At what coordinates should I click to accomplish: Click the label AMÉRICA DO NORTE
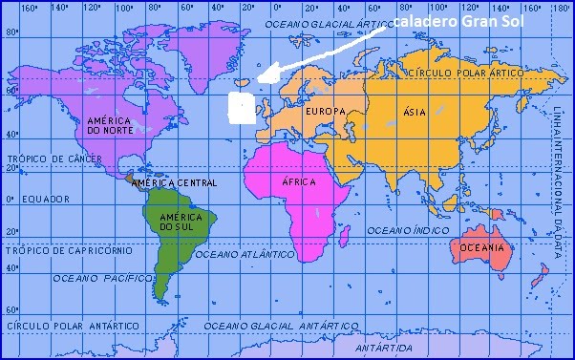coord(110,125)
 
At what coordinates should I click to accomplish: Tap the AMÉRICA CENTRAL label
coord(174,182)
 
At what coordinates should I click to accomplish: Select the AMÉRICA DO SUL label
coord(175,221)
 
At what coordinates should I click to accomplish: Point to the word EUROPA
coord(324,113)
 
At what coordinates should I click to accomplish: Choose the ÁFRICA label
coord(299,181)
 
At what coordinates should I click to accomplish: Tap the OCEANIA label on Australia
coord(481,247)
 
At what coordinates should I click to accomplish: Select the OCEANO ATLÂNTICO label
coord(244,255)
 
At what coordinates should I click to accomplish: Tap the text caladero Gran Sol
coord(453,20)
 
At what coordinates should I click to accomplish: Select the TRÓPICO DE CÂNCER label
coord(47,159)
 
